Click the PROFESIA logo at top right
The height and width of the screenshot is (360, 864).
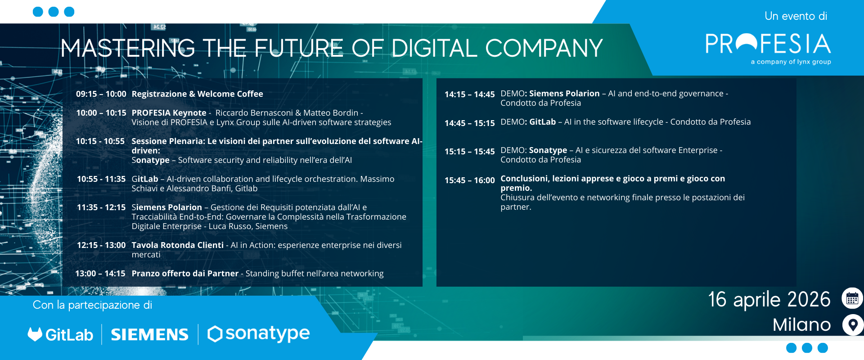click(768, 48)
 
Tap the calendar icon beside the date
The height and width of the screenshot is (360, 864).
click(852, 298)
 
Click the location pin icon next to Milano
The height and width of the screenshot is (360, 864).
click(853, 324)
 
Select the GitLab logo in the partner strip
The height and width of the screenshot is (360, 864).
click(60, 334)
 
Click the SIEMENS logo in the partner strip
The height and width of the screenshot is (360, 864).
click(149, 334)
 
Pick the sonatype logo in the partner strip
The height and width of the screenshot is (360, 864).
click(258, 334)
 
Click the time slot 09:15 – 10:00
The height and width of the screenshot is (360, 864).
click(101, 94)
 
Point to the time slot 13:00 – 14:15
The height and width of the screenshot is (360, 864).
click(100, 274)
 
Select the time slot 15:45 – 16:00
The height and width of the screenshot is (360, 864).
click(470, 180)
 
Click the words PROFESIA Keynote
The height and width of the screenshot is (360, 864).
click(169, 113)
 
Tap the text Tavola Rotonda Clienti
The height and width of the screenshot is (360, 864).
click(177, 245)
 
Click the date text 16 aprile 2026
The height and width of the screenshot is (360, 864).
click(769, 300)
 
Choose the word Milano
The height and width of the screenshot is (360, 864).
click(801, 325)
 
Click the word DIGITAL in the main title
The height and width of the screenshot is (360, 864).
click(434, 49)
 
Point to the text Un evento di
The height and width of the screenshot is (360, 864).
click(796, 16)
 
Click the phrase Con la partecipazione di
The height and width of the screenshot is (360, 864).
click(93, 305)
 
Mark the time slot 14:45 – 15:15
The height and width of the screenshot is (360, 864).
click(470, 123)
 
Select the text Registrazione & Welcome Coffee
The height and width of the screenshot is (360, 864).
click(197, 94)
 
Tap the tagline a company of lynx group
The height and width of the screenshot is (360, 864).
click(791, 62)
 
